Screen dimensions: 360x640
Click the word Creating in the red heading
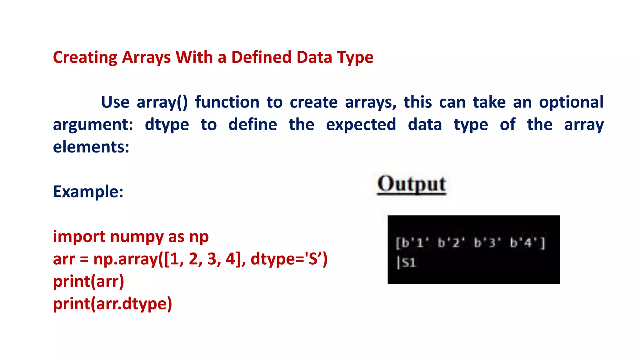(85, 57)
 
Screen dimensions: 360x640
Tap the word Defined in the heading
(261, 57)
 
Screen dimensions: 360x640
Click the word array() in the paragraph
(162, 102)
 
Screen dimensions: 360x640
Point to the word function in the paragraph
(227, 102)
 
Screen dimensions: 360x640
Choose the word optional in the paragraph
(571, 102)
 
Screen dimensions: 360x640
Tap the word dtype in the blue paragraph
(167, 125)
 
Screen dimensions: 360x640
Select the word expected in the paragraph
(361, 125)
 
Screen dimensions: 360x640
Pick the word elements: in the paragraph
(91, 147)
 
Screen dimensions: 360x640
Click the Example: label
(88, 192)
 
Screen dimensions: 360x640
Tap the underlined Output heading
(412, 184)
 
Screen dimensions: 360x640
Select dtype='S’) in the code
(289, 259)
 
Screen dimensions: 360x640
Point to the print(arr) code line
(88, 281)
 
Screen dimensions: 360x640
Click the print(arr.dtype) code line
(112, 304)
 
